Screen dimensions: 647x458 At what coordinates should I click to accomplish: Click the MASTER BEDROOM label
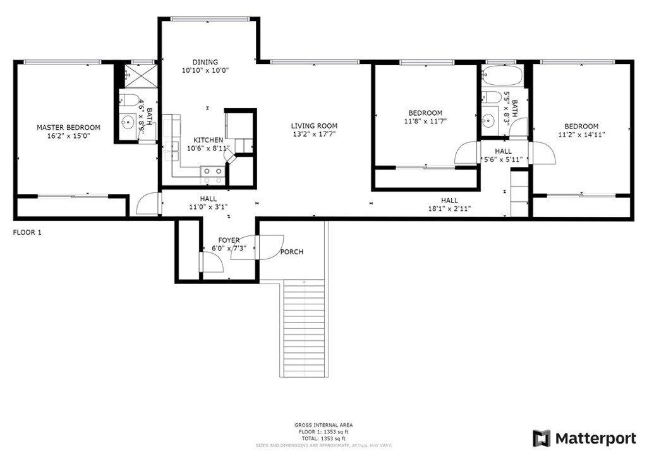[68, 128]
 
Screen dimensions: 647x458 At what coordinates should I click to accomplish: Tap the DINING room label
[205, 63]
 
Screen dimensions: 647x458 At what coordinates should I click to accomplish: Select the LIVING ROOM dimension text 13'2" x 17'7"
[314, 134]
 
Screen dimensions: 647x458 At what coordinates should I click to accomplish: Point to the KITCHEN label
[209, 140]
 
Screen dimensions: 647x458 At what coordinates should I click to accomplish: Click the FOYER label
[229, 240]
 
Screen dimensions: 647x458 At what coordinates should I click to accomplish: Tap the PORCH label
[292, 252]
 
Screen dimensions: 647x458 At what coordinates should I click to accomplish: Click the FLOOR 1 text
[27, 233]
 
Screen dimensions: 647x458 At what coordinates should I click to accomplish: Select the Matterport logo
[584, 438]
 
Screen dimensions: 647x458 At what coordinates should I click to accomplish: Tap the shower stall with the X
[141, 75]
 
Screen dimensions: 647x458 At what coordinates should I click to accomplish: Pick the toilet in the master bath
[129, 101]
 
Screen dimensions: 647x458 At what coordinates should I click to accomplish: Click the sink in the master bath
[128, 122]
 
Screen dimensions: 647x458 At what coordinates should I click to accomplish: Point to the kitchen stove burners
[212, 175]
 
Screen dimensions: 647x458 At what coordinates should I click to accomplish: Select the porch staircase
[304, 328]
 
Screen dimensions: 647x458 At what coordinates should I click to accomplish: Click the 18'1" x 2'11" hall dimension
[449, 209]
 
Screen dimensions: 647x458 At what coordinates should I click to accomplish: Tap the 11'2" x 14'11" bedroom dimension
[581, 135]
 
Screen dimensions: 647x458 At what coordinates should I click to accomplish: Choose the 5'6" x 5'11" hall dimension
[504, 159]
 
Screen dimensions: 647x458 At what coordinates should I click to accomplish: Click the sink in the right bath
[488, 121]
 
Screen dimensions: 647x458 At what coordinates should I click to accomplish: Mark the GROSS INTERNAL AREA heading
[323, 425]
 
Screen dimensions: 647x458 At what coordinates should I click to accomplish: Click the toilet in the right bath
[492, 97]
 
